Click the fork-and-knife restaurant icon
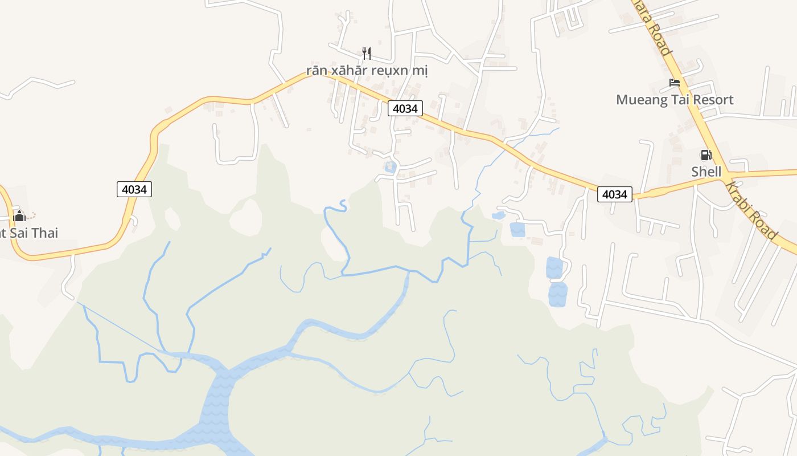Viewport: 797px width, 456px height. click(367, 54)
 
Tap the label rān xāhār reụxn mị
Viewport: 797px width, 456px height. click(367, 71)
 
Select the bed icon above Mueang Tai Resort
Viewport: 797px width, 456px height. click(675, 83)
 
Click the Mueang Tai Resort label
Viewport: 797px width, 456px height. click(675, 100)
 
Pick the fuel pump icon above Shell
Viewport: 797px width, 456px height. click(706, 155)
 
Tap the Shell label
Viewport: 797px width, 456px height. click(706, 172)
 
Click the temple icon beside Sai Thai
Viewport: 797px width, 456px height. click(19, 215)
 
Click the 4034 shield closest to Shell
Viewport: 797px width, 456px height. click(614, 194)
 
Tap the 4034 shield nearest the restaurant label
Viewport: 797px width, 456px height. click(405, 108)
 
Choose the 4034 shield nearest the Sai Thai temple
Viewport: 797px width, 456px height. click(134, 189)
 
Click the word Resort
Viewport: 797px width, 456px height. click(712, 100)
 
